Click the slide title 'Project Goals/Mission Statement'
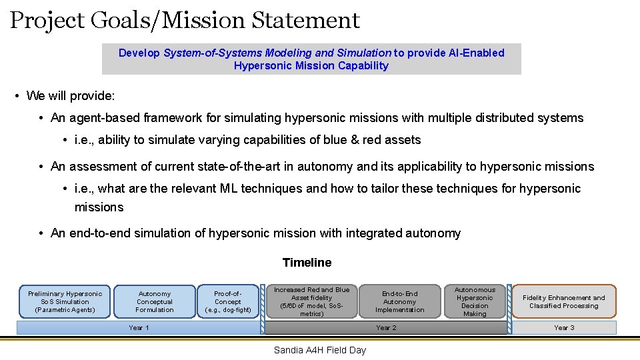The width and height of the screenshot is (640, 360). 185,21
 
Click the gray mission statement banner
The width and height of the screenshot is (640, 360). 311,59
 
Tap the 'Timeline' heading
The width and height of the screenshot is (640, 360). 307,263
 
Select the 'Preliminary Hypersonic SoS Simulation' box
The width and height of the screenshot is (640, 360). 65,301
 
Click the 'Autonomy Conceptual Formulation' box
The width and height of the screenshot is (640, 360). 155,301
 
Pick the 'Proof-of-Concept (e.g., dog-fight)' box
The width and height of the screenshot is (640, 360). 227,301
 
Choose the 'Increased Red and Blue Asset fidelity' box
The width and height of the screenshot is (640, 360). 311,301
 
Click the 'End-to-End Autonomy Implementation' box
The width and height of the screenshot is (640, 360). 399,301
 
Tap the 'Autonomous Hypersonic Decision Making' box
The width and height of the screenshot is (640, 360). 475,301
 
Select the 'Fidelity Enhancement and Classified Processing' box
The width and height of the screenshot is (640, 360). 564,301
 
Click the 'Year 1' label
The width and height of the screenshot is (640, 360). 139,327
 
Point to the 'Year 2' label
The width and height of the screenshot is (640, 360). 386,327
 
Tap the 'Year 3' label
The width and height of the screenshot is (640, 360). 564,327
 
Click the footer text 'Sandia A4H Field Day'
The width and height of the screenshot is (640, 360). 320,350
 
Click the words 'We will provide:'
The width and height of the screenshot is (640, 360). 71,96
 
